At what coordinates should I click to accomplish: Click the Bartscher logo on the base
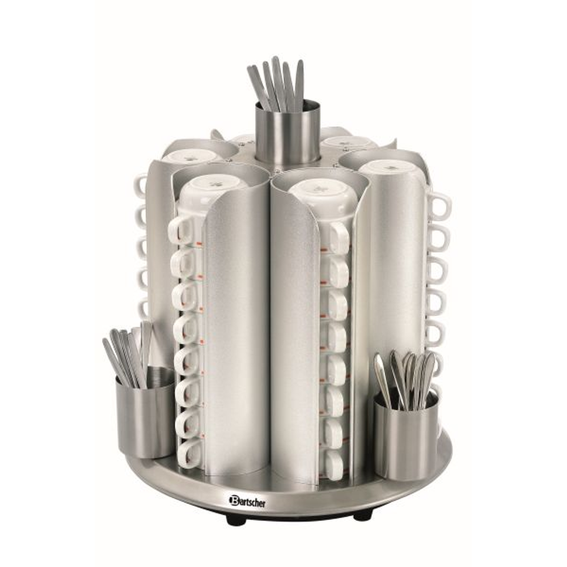[247, 501]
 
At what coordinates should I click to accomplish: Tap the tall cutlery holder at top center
[288, 132]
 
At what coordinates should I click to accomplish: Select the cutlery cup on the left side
[145, 412]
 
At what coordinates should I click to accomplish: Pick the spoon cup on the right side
[406, 434]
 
